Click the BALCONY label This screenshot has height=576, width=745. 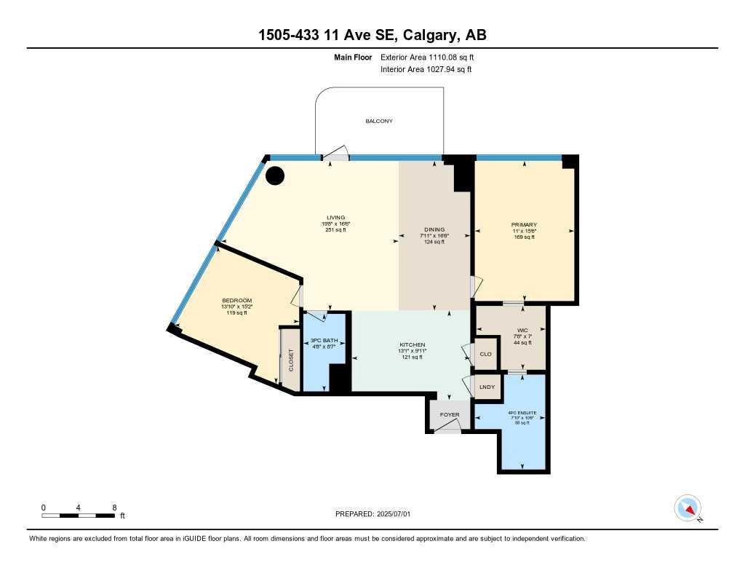(x=378, y=121)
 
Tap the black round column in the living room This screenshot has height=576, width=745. (x=275, y=175)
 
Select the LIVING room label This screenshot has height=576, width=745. (x=335, y=218)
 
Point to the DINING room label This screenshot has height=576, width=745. (x=434, y=229)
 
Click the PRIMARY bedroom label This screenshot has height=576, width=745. (x=523, y=224)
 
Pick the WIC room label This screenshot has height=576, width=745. (x=522, y=330)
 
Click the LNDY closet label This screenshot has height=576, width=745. (x=487, y=387)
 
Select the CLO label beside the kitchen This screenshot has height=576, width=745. (x=486, y=355)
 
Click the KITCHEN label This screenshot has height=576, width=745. (x=412, y=344)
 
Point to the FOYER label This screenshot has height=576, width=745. (x=450, y=414)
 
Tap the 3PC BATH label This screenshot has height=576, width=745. (x=321, y=341)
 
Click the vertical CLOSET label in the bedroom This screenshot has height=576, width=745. (x=291, y=360)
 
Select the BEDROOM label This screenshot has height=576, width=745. (x=236, y=301)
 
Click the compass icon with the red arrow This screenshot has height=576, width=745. (x=688, y=508)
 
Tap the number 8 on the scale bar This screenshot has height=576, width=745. (x=114, y=507)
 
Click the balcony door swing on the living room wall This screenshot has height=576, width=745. (x=335, y=154)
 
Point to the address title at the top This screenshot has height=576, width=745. (x=372, y=34)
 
